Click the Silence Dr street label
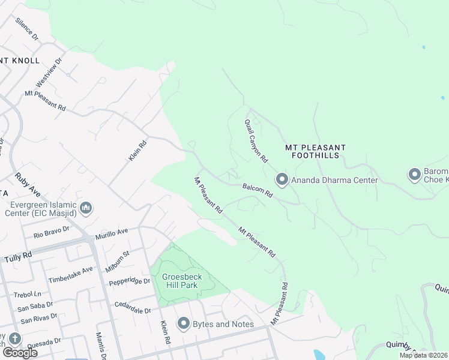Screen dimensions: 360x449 [x=26, y=29]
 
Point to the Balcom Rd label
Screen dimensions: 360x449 [x=258, y=191]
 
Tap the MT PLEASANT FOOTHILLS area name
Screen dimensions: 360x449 [x=315, y=151]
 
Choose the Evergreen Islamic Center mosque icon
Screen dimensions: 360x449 [x=85, y=208]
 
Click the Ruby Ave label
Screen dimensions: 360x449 [x=27, y=184]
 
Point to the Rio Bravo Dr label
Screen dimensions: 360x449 [x=52, y=232]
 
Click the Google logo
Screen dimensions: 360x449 [x=19, y=352]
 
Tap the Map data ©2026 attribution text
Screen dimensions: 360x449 [x=423, y=355]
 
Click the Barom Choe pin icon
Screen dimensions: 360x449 [x=414, y=175]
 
